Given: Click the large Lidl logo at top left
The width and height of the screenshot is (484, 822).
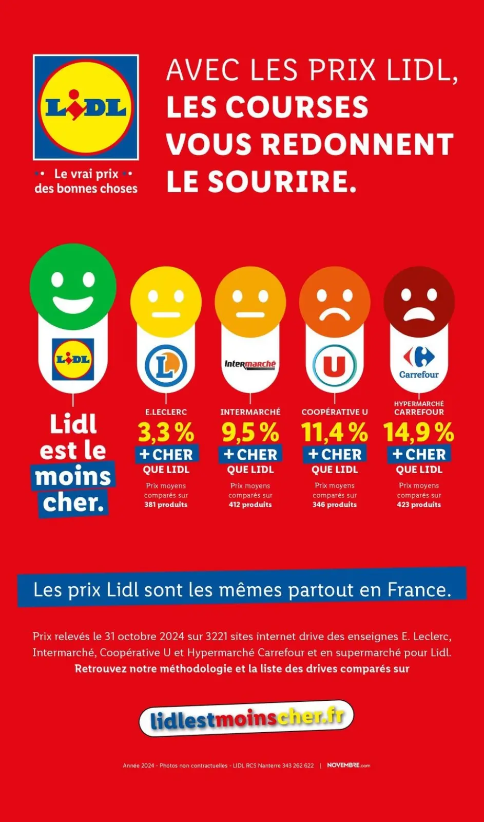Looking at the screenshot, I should click(x=86, y=107).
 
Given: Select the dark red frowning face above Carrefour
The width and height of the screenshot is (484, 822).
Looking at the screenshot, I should click(x=419, y=302).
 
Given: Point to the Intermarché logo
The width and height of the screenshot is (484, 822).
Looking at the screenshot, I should click(x=250, y=364).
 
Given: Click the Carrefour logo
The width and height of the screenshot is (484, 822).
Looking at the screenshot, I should click(x=419, y=362).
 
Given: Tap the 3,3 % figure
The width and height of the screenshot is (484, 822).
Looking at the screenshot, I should click(x=166, y=433).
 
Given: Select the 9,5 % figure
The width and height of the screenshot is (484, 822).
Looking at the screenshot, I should click(x=250, y=433).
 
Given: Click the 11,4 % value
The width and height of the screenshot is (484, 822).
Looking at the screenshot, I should click(x=334, y=433).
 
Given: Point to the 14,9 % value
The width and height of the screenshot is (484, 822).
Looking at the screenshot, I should click(x=419, y=433).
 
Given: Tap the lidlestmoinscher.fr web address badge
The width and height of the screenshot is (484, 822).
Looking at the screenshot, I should click(x=246, y=718).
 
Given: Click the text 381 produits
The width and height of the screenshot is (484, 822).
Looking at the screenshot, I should click(x=166, y=505).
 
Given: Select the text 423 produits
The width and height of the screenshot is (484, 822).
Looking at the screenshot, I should click(x=419, y=505).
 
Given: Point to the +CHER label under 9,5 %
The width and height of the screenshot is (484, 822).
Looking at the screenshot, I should click(x=250, y=455).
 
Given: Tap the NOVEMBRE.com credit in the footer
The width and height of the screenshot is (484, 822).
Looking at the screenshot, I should click(x=349, y=765).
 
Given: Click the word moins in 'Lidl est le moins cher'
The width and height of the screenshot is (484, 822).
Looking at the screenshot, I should click(x=73, y=476).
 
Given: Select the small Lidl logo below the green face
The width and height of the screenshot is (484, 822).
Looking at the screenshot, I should click(x=73, y=359).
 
